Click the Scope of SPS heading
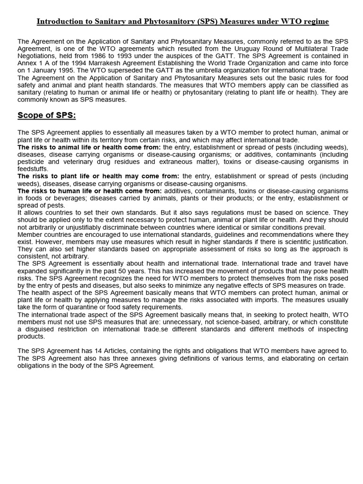46,115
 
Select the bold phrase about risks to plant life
98,176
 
